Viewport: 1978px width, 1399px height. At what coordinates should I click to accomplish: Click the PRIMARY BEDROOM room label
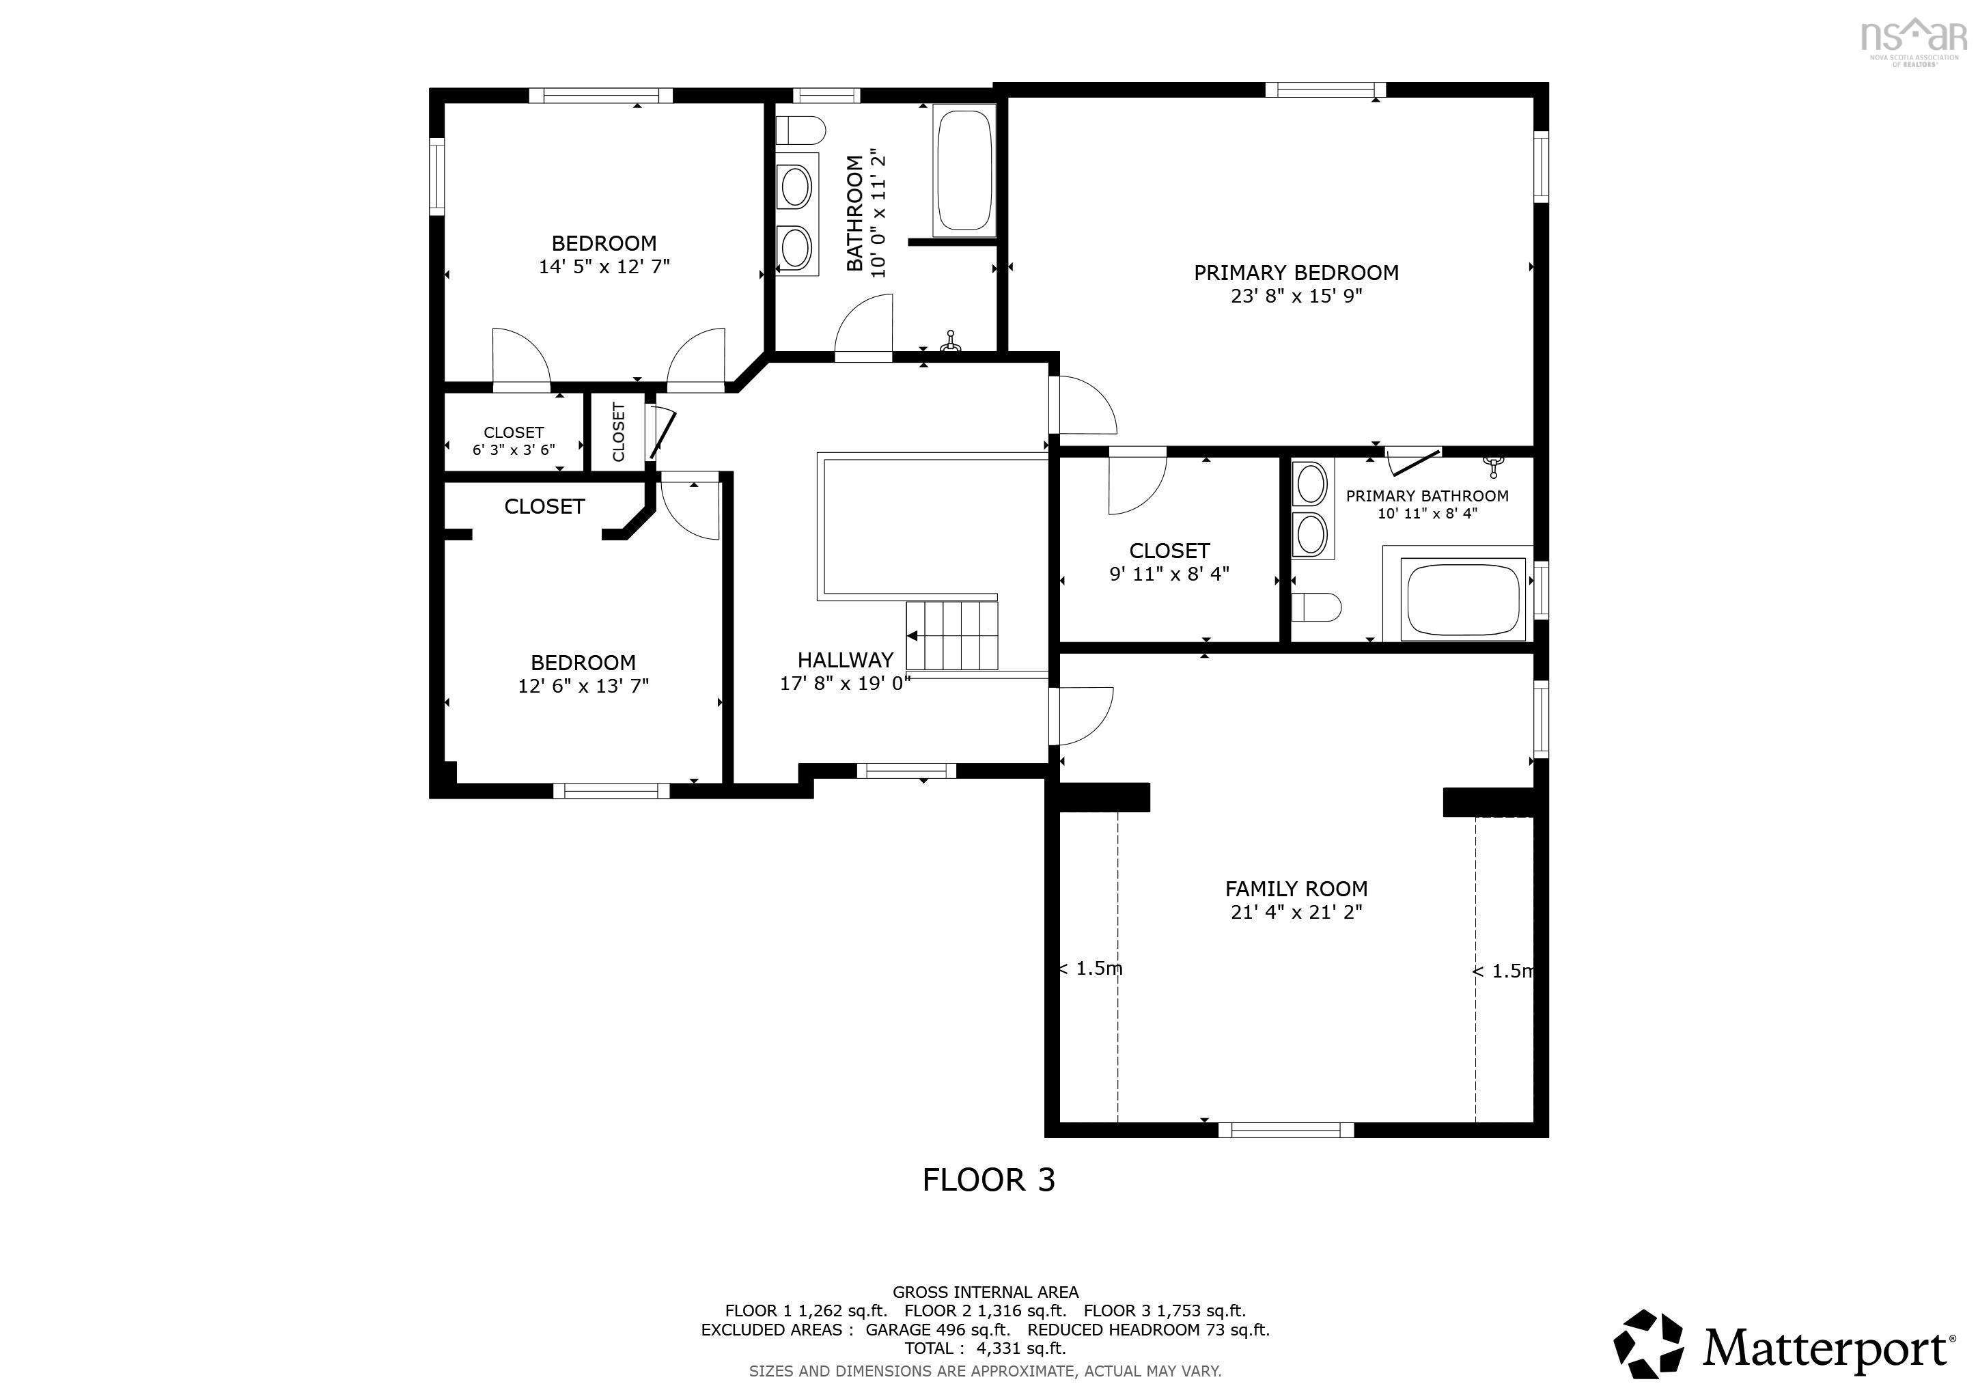coord(1296,273)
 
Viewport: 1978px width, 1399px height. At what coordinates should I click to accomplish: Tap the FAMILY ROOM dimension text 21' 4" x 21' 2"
coord(1296,912)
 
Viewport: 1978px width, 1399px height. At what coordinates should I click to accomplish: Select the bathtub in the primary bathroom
coord(1462,598)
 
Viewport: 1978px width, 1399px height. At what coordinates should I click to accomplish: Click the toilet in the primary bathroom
coord(1316,607)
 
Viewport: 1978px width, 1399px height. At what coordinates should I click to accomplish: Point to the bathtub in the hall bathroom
coord(965,169)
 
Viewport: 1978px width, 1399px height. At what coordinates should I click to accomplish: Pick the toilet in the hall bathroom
coord(800,131)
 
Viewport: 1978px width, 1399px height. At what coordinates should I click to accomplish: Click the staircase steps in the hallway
coord(951,636)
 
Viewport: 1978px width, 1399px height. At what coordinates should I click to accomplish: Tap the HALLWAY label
coord(844,661)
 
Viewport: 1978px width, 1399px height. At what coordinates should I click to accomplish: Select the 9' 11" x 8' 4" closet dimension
coord(1169,574)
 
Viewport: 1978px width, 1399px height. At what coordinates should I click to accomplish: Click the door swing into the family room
coord(1081,716)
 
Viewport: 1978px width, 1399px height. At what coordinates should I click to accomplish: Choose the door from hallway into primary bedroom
coord(1084,406)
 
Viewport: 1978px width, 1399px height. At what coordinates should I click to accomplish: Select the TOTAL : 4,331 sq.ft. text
coord(985,1348)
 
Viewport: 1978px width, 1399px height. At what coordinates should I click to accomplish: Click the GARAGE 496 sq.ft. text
coord(937,1329)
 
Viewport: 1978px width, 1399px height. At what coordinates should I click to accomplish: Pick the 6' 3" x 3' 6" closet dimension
coord(514,449)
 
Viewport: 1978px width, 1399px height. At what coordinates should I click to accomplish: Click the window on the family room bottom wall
coord(1285,1131)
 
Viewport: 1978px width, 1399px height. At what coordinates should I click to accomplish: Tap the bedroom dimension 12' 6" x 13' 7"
coord(583,687)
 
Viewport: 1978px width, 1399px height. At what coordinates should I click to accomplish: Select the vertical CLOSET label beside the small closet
coord(617,432)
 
